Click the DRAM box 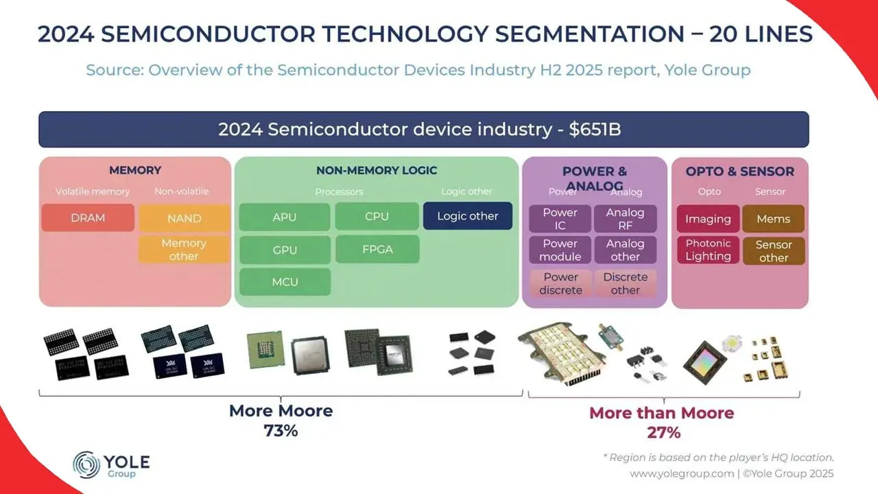tap(88, 217)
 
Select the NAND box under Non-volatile tap(184, 218)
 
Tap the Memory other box tap(184, 250)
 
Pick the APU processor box tap(285, 217)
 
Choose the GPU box tap(285, 250)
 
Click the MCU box tap(285, 282)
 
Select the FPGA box tap(377, 249)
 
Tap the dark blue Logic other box tap(468, 216)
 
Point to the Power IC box tap(560, 219)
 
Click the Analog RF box tap(625, 219)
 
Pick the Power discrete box tap(560, 283)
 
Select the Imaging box tap(708, 219)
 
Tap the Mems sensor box tap(773, 219)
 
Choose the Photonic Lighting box tap(708, 250)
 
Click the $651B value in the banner tap(595, 129)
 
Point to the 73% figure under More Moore tap(281, 431)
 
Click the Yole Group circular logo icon tap(86, 464)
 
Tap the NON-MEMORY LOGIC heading tap(377, 170)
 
